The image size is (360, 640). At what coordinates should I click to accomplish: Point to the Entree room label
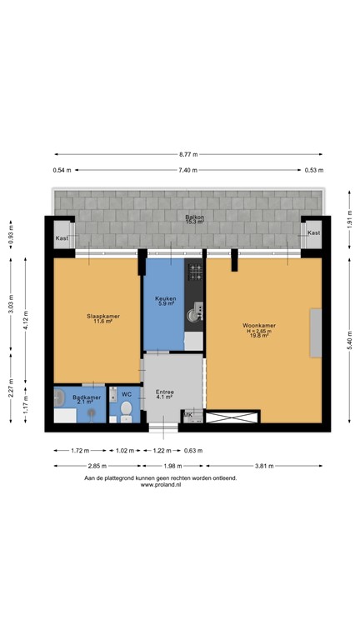(163, 391)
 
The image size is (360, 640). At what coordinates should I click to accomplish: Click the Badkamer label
(86, 397)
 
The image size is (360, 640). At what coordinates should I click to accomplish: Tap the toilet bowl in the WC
(127, 408)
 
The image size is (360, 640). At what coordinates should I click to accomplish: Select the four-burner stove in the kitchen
(197, 270)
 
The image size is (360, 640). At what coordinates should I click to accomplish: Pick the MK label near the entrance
(188, 414)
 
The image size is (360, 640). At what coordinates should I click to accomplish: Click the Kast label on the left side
(62, 238)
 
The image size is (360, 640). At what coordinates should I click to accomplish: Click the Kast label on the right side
(313, 232)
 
